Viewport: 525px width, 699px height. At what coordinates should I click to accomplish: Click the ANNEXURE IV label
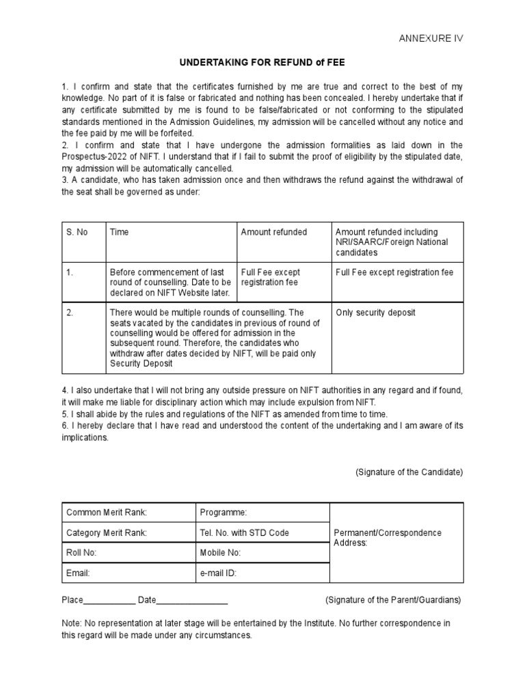431,38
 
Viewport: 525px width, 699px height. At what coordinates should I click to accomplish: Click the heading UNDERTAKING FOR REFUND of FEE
262,63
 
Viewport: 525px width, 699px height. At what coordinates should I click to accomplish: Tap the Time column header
119,232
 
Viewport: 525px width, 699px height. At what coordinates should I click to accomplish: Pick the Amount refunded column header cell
273,232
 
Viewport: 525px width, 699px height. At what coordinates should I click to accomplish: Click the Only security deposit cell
375,313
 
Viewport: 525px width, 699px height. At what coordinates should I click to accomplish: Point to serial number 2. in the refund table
69,313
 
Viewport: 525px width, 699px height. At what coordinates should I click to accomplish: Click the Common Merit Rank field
106,513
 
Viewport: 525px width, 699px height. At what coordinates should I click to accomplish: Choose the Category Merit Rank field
106,533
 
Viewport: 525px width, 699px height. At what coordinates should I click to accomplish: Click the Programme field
223,513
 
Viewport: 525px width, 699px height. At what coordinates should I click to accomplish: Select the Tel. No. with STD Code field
244,533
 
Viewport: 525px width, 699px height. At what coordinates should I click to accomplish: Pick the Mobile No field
220,553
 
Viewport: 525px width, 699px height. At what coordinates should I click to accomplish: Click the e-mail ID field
218,573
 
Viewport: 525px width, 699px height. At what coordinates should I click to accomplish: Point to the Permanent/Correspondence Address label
388,537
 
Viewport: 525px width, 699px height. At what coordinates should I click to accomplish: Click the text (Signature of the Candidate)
409,472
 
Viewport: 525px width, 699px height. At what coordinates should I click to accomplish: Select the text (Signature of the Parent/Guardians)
393,600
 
